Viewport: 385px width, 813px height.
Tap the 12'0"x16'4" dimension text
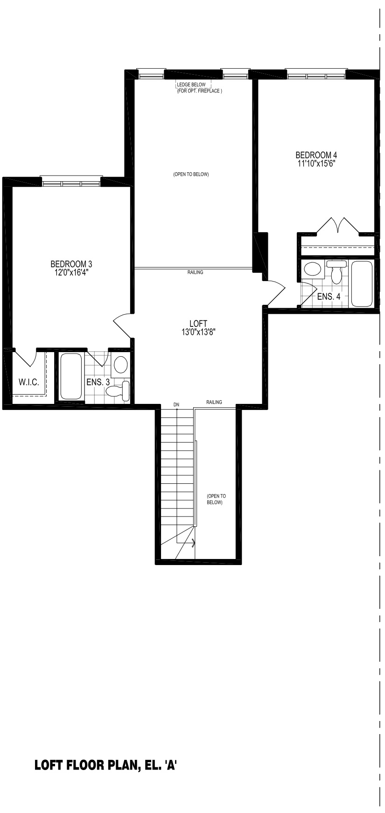pos(71,272)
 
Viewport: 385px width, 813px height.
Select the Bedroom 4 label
pos(316,155)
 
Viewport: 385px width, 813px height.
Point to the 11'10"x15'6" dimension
pos(317,163)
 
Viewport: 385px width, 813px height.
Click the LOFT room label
pos(198,323)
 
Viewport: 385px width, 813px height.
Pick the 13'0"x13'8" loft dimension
pos(198,332)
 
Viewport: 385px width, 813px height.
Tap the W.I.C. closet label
pos(29,382)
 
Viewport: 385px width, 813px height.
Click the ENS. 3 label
pos(98,382)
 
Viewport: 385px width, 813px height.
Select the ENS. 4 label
pos(329,297)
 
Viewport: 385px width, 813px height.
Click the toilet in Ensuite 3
pos(119,390)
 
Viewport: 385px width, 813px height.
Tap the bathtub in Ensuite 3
pos(71,376)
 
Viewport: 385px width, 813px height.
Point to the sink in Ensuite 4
pos(312,269)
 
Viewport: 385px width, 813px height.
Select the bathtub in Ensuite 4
pos(362,283)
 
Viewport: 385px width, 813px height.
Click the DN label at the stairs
pos(176,404)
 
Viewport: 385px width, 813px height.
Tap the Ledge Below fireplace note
pos(199,88)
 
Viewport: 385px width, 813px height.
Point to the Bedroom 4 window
pos(316,74)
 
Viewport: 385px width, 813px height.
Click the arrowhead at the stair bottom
pos(193,543)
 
